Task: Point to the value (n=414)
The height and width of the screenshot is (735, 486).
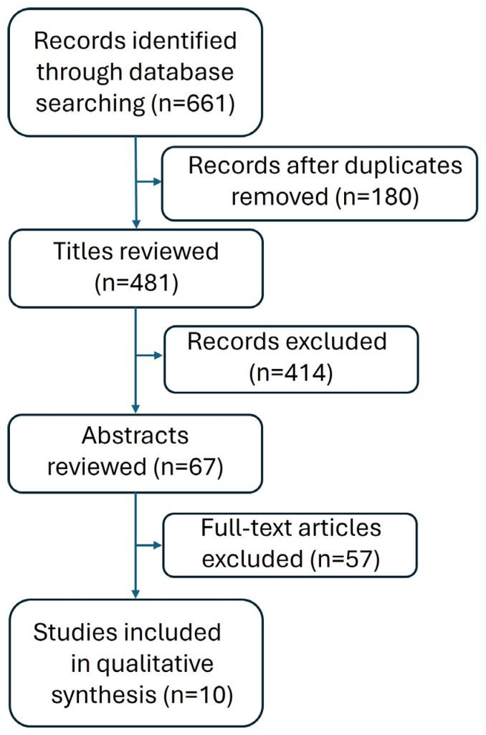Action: (290, 373)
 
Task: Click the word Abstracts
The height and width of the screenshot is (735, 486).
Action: (135, 435)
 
